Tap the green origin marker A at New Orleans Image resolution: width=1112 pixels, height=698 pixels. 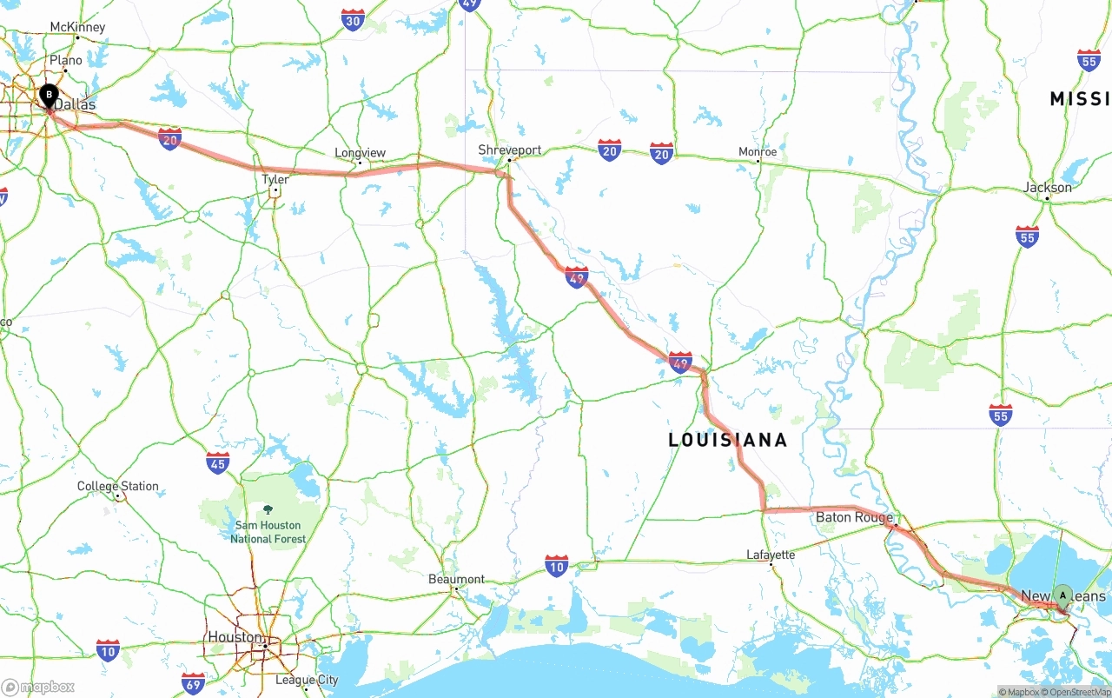coord(1062,595)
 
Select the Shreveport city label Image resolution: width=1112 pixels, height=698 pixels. coord(510,150)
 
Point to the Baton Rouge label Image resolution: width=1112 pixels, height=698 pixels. coord(854,517)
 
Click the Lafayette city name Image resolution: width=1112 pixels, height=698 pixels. coord(771,555)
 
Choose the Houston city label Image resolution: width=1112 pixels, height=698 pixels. coord(235,637)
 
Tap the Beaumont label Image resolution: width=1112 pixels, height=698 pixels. coord(457,579)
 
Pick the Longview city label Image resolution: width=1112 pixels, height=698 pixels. coord(360,153)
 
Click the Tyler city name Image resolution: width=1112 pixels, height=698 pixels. coord(275,179)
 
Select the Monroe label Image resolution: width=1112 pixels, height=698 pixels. coord(758,152)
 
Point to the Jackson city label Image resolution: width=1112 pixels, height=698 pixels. coord(1048,187)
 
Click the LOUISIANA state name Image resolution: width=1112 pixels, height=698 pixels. coord(728,440)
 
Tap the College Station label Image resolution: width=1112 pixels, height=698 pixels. coord(118,486)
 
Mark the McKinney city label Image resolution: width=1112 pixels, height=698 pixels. coord(77,27)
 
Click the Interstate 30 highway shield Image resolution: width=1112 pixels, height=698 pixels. coord(353,21)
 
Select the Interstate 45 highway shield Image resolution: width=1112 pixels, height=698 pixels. coord(218,462)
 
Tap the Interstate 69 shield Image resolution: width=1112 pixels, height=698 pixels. coord(194,682)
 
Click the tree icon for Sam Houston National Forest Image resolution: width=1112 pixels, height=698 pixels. coord(267,509)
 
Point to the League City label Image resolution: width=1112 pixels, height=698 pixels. coord(307,680)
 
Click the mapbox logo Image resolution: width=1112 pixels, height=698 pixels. coord(39,687)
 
